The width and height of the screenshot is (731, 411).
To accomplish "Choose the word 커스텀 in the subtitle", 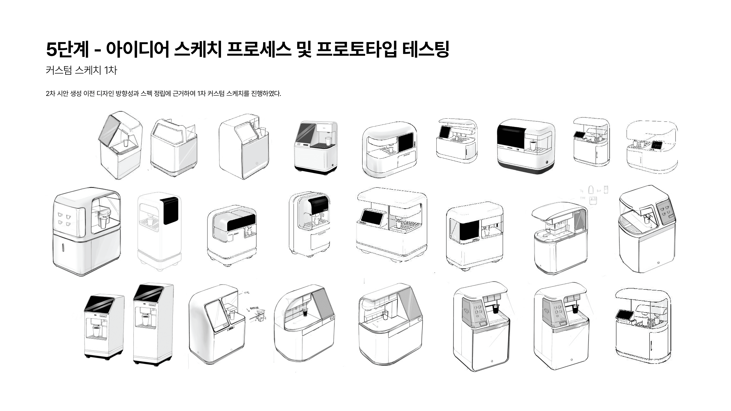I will point(58,70).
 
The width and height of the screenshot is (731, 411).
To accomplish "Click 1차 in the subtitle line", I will point(110,70).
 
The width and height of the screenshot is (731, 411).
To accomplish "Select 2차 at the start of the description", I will point(50,94).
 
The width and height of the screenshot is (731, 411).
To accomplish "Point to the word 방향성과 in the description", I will point(127,94).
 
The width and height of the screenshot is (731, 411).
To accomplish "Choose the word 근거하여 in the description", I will point(184,94).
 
